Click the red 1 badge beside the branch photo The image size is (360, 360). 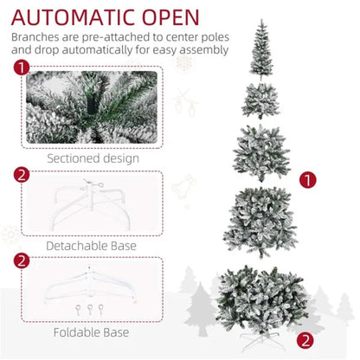20,68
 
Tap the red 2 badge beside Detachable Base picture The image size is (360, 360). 20,176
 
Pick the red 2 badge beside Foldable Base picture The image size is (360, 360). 20,260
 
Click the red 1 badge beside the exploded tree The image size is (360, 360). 305,180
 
